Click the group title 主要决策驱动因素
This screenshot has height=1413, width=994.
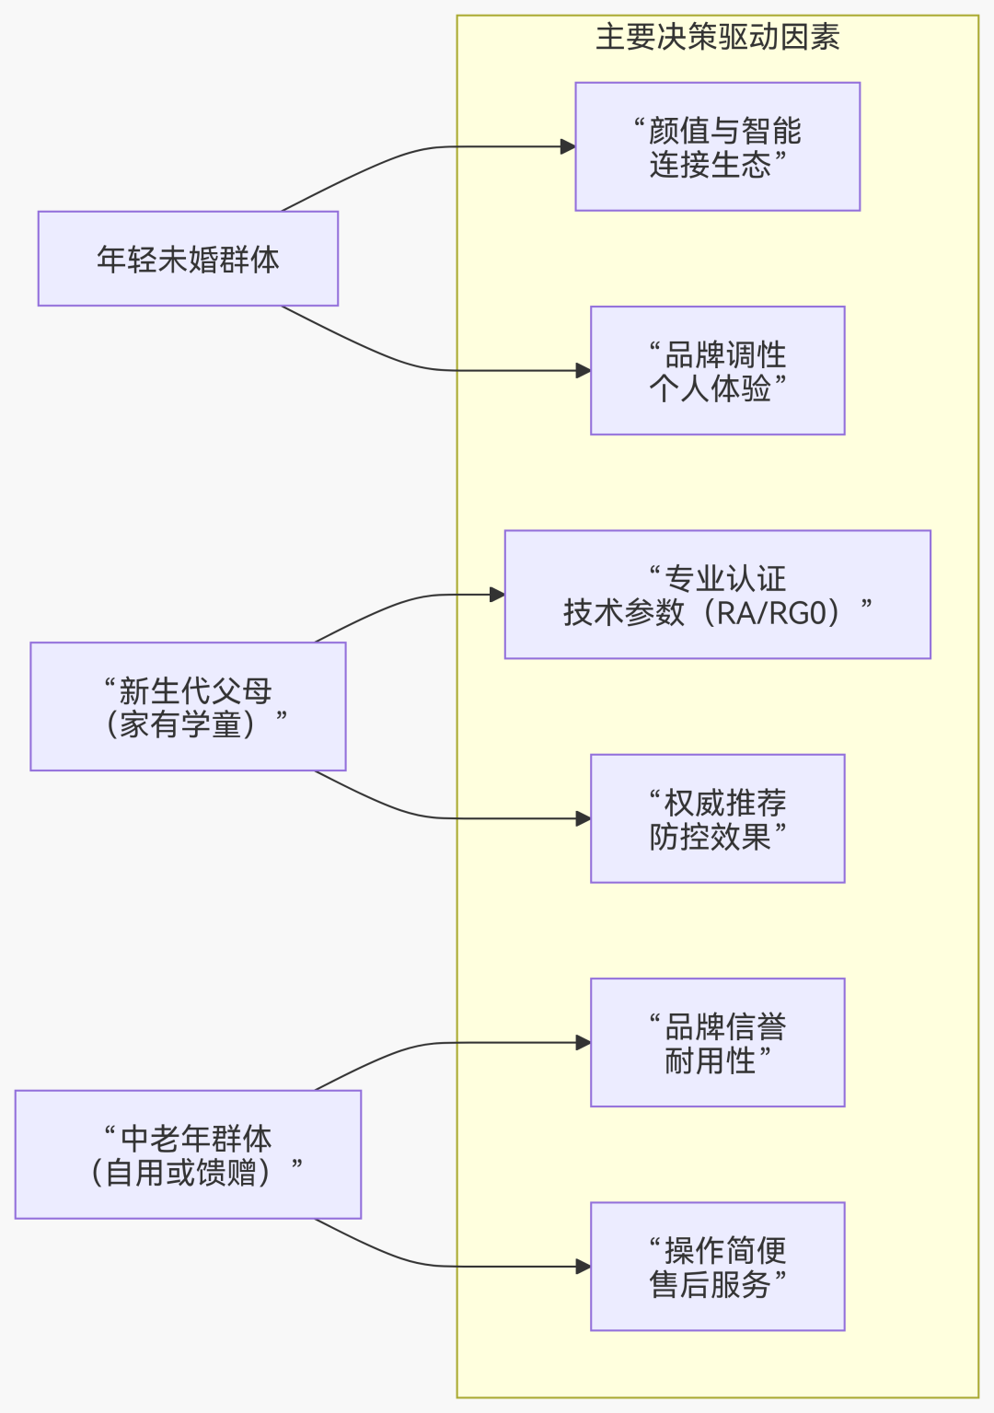(x=717, y=38)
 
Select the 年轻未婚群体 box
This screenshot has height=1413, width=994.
(x=188, y=259)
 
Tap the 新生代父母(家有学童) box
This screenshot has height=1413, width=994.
(x=188, y=707)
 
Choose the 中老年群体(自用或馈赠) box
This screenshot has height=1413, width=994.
(x=188, y=1154)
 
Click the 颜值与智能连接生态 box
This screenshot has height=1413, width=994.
(x=717, y=147)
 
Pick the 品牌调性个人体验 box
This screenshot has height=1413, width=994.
(x=717, y=371)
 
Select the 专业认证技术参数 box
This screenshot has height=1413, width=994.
(x=717, y=595)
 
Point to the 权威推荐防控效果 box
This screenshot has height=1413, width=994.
(x=717, y=818)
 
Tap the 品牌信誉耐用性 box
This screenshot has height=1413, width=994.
(x=717, y=1043)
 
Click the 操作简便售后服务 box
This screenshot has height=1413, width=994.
(x=717, y=1267)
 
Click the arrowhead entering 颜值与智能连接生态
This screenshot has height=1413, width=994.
(x=568, y=147)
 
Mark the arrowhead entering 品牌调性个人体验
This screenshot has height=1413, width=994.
(x=583, y=371)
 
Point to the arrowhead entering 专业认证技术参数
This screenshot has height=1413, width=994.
(x=497, y=595)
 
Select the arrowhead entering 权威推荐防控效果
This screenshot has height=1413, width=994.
(x=583, y=818)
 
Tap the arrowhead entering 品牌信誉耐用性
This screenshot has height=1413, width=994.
(x=583, y=1043)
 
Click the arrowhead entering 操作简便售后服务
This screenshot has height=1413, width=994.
(x=583, y=1267)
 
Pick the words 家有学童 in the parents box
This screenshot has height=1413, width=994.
(x=180, y=724)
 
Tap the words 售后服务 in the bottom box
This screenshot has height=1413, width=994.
(x=710, y=1284)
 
